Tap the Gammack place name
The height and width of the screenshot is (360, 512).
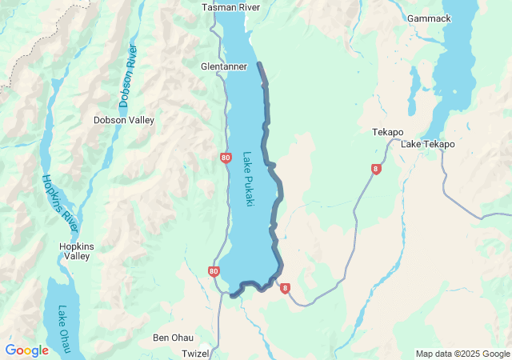click(429, 18)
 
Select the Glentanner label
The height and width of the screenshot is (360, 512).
click(224, 66)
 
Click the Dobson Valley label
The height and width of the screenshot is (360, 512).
click(123, 120)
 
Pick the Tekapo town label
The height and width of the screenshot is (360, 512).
click(388, 132)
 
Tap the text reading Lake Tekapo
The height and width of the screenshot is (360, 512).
click(427, 144)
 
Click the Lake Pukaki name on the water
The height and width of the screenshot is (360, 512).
click(248, 180)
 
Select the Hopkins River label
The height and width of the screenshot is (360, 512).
click(59, 203)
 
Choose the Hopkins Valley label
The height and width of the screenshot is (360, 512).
click(78, 251)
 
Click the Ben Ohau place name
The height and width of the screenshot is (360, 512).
click(172, 338)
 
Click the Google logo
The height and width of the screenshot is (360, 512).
click(26, 350)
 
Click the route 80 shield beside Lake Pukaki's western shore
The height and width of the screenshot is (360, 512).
click(226, 158)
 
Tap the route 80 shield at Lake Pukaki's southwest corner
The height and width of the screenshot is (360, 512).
click(213, 271)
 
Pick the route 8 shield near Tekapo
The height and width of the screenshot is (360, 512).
click(375, 169)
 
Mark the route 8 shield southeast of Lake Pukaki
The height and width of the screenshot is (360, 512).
click(285, 288)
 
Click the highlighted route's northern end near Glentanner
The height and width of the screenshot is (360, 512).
click(259, 64)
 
